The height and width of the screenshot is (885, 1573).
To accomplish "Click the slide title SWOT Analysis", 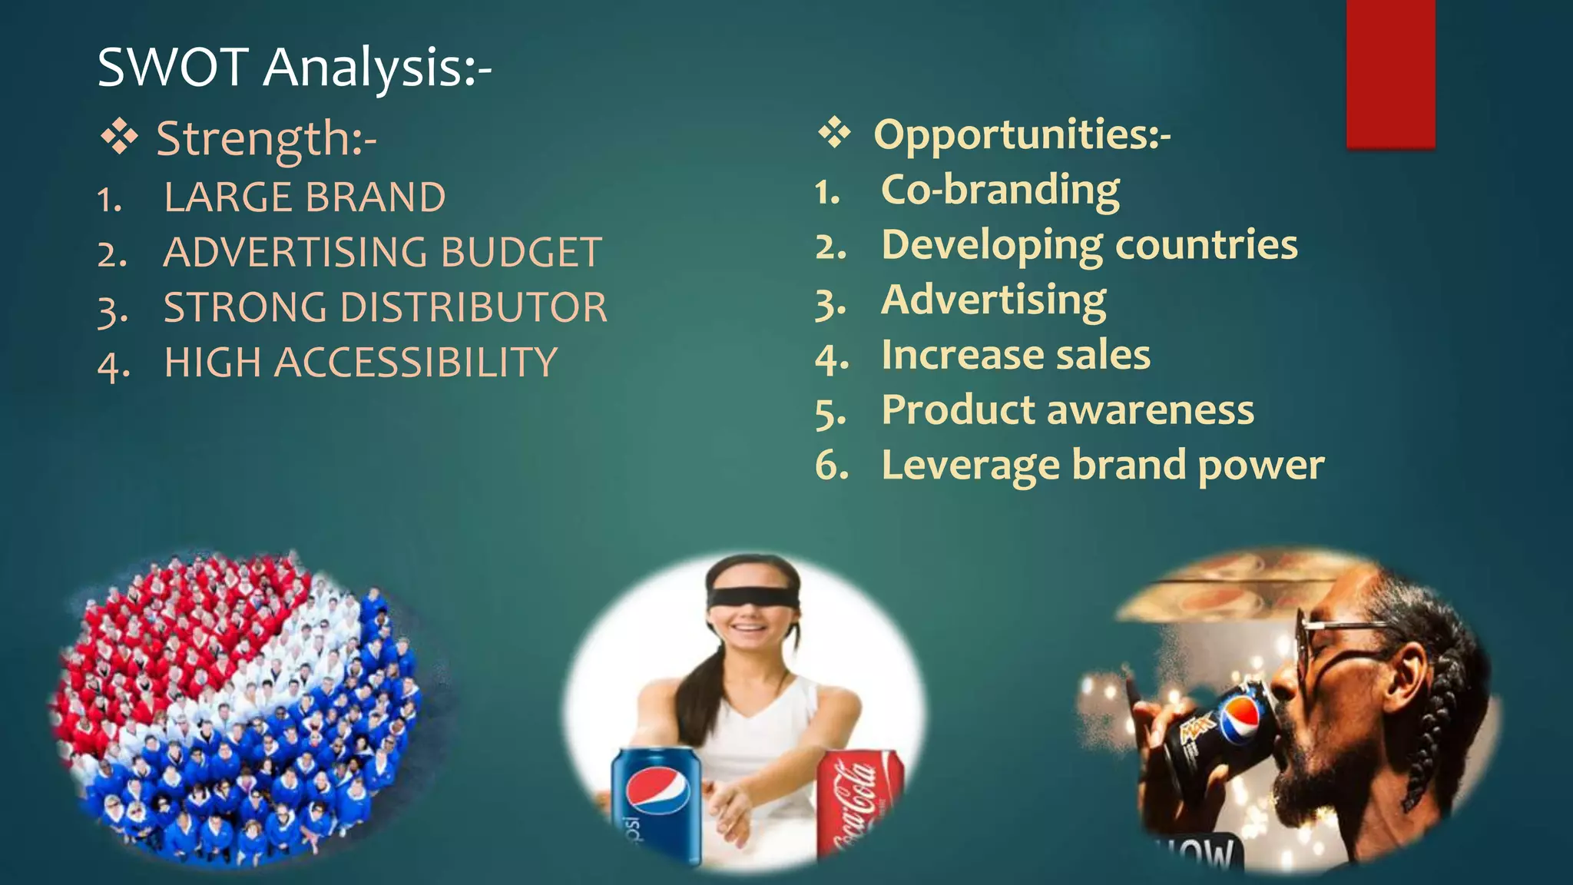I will [293, 68].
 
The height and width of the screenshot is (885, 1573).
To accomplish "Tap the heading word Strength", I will [265, 139].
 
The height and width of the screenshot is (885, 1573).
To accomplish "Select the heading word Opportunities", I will [1021, 134].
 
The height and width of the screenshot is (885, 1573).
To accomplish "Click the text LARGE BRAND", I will [304, 197].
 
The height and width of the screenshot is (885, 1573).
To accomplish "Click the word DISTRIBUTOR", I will [473, 307].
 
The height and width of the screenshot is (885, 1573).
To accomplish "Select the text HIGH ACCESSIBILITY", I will [360, 363].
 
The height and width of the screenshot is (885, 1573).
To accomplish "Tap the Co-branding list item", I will [1000, 190].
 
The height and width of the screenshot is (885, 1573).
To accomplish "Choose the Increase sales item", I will [1015, 355].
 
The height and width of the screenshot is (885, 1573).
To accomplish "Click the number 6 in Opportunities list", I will [830, 466].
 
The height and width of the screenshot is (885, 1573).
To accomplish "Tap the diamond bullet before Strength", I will [119, 138].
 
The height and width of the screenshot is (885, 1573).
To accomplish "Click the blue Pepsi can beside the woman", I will [657, 803].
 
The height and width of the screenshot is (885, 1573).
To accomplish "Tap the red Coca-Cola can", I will [859, 803].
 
